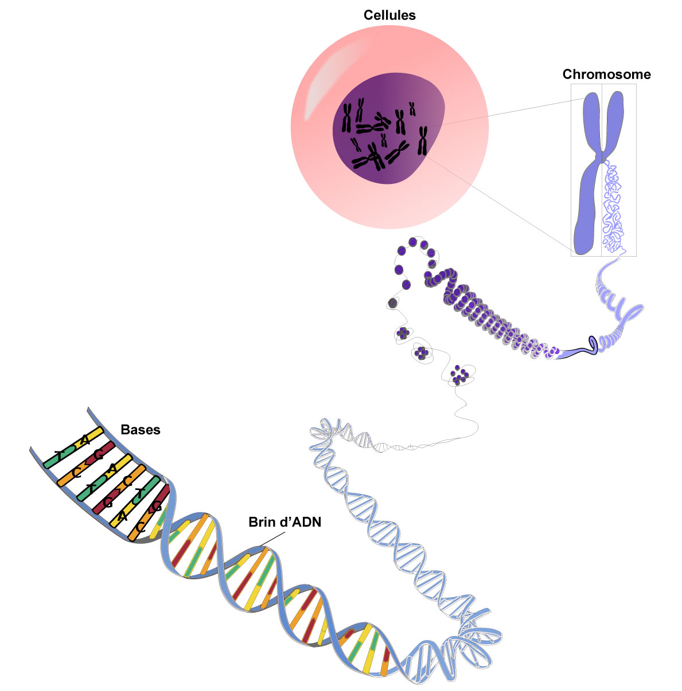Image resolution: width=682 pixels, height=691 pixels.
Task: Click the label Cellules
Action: click(x=389, y=15)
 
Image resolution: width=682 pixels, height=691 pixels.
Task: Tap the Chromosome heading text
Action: click(x=606, y=74)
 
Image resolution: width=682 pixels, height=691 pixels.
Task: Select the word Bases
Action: click(x=141, y=430)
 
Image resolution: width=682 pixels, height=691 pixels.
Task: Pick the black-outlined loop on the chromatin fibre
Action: click(x=591, y=344)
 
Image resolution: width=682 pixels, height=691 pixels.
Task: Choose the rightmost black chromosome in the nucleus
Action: click(x=423, y=141)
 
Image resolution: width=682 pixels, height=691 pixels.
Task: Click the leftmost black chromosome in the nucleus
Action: click(x=347, y=117)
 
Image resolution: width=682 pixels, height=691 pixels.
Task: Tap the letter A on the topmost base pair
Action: click(x=85, y=440)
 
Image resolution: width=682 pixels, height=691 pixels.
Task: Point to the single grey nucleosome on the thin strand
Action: click(x=393, y=303)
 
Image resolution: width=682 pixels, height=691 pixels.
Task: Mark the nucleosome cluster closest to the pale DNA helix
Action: click(x=459, y=375)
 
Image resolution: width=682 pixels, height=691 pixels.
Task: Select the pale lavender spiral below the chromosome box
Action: click(x=617, y=309)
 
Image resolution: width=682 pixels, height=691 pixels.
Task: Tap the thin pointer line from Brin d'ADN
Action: click(x=272, y=539)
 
